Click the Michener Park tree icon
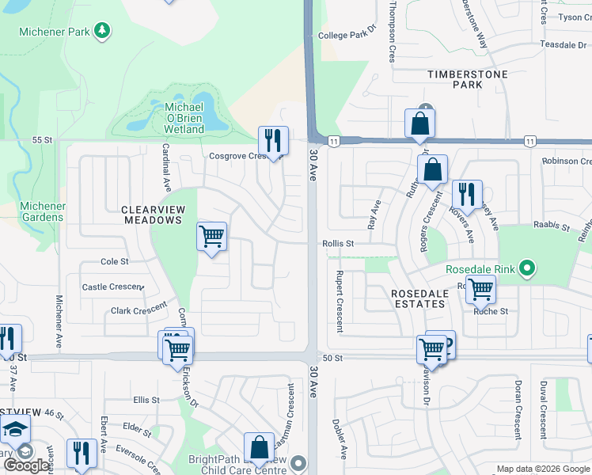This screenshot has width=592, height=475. (101, 30)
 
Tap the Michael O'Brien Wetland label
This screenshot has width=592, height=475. (184, 118)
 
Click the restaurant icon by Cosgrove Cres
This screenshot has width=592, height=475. (273, 141)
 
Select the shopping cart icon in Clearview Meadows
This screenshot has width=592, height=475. (211, 236)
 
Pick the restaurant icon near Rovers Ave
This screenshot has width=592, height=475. (467, 194)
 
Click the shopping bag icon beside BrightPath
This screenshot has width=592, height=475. (259, 448)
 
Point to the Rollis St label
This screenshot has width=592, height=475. (337, 244)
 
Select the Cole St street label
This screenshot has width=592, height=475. (114, 261)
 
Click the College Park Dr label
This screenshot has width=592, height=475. (345, 35)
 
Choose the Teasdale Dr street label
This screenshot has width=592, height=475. (564, 45)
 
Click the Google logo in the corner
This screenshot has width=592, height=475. (26, 465)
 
